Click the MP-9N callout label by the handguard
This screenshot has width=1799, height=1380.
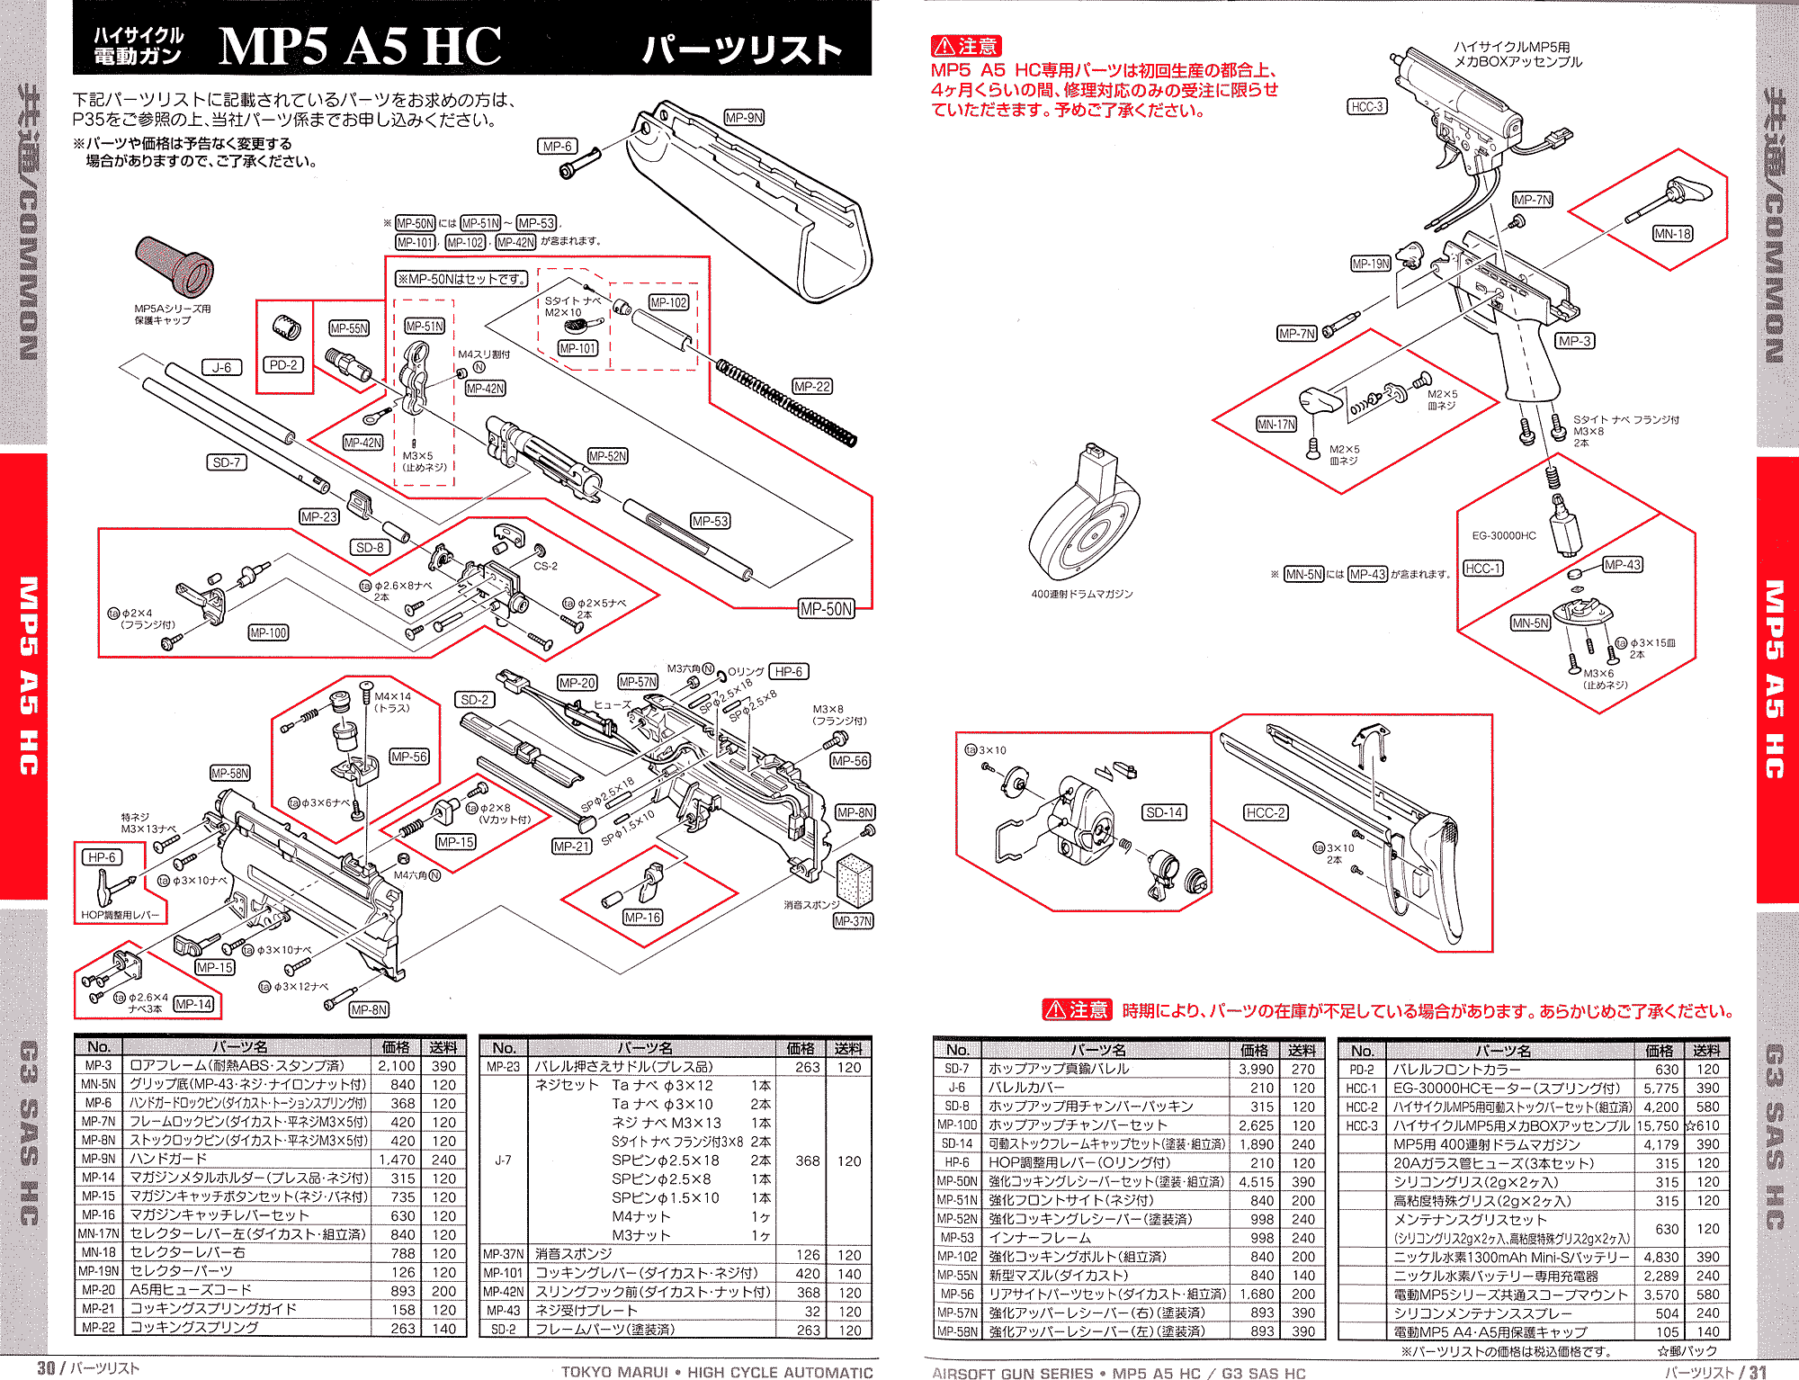click(744, 118)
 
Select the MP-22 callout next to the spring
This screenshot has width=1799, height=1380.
click(811, 387)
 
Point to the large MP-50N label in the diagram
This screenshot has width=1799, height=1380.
click(826, 609)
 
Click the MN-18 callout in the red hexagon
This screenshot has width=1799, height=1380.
click(1672, 234)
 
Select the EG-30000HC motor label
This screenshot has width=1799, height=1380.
click(1503, 536)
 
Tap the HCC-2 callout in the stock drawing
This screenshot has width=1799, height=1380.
click(1266, 813)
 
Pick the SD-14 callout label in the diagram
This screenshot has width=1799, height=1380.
click(1164, 813)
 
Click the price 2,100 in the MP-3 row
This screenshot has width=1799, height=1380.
click(396, 1066)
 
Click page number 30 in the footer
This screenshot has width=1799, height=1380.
click(46, 1368)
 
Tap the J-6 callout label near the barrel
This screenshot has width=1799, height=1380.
click(221, 367)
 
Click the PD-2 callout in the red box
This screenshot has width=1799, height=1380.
click(283, 365)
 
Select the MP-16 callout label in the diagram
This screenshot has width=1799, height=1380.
click(642, 918)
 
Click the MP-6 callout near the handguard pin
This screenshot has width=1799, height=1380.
click(558, 147)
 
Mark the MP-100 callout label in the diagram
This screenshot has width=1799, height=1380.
click(268, 633)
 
